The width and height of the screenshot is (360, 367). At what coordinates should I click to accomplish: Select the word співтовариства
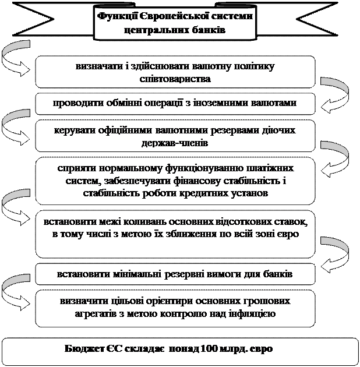175,79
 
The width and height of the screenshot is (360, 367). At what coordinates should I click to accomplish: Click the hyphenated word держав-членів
175,143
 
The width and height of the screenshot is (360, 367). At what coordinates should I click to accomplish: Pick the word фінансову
196,181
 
